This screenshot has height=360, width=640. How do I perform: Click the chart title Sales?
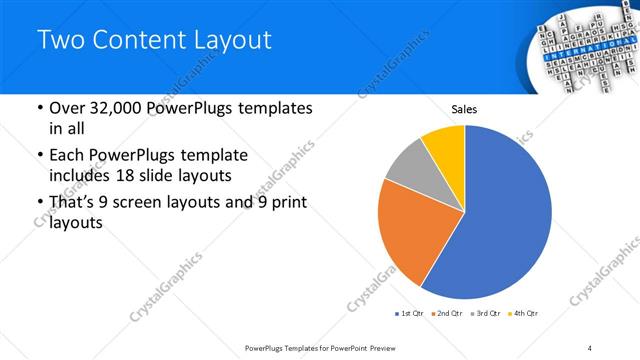pos(464,108)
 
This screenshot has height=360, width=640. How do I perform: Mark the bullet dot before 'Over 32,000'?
pos(39,108)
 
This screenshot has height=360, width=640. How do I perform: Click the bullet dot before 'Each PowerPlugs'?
pos(39,156)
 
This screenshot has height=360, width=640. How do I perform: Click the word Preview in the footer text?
pos(376,347)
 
